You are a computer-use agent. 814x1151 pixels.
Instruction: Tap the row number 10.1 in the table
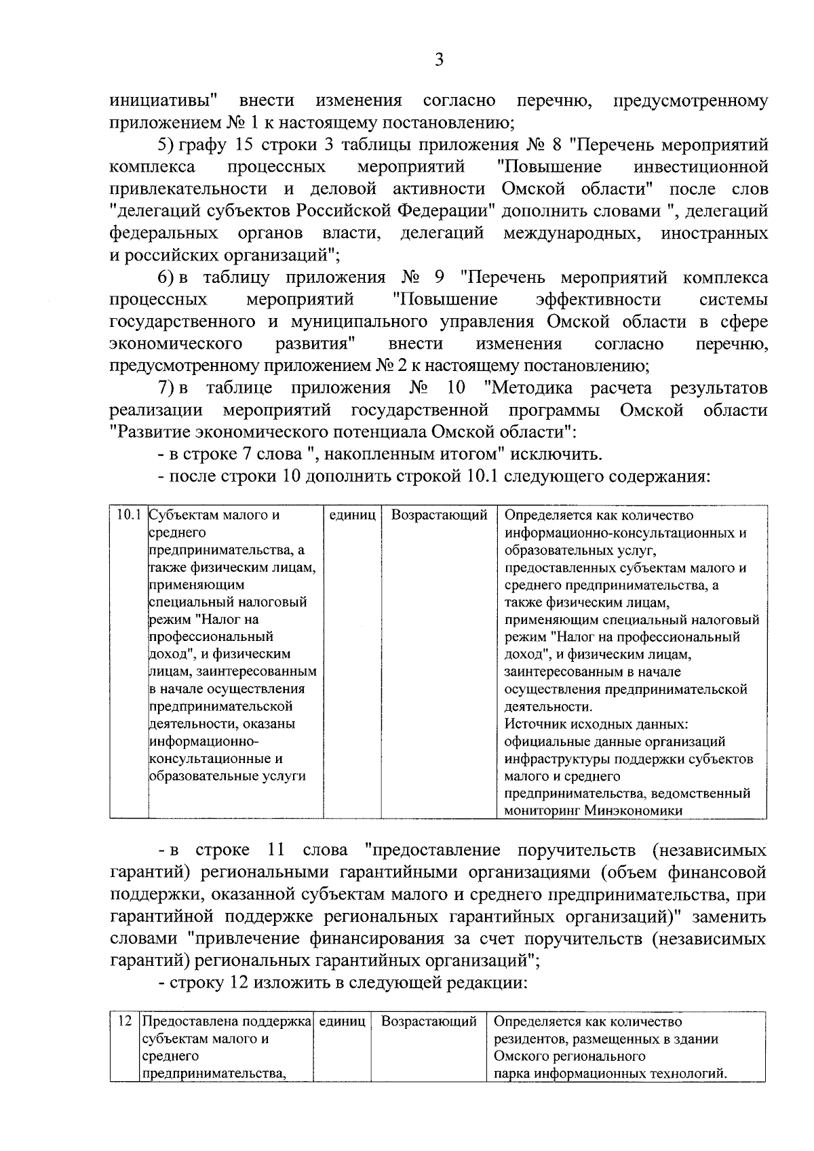tap(128, 515)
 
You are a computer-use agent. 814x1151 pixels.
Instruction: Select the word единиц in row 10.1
tap(352, 515)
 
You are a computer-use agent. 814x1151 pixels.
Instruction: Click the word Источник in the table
tap(536, 724)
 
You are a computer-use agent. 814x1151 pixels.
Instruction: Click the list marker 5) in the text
tap(167, 145)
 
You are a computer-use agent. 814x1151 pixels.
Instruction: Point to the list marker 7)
tap(167, 388)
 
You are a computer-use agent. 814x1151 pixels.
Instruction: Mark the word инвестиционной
tap(700, 167)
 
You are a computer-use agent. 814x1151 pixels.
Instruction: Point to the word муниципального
tap(360, 321)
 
